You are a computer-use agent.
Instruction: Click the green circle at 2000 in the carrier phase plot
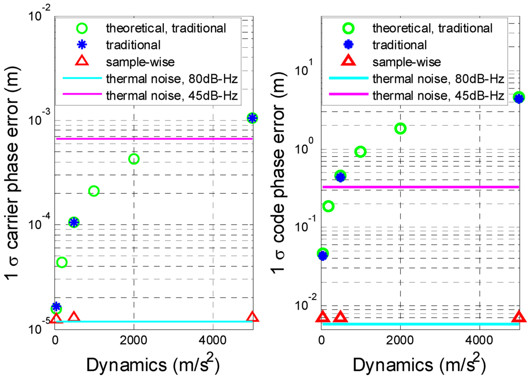click(x=134, y=159)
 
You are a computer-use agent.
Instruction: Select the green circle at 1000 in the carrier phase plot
click(x=94, y=191)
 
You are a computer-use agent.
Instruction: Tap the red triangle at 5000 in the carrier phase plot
click(x=253, y=317)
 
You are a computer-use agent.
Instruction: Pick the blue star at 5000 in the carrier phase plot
click(x=253, y=118)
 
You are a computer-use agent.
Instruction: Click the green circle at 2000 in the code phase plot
click(x=400, y=128)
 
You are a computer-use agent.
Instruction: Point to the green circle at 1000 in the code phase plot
click(x=360, y=152)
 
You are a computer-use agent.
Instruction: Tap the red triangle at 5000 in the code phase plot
click(x=519, y=317)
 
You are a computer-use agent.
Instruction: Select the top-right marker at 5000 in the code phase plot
click(x=519, y=97)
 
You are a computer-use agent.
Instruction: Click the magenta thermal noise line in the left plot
click(x=156, y=139)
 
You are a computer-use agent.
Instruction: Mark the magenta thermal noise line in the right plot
click(x=420, y=186)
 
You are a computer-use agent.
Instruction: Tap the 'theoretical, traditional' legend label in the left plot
click(x=165, y=28)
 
